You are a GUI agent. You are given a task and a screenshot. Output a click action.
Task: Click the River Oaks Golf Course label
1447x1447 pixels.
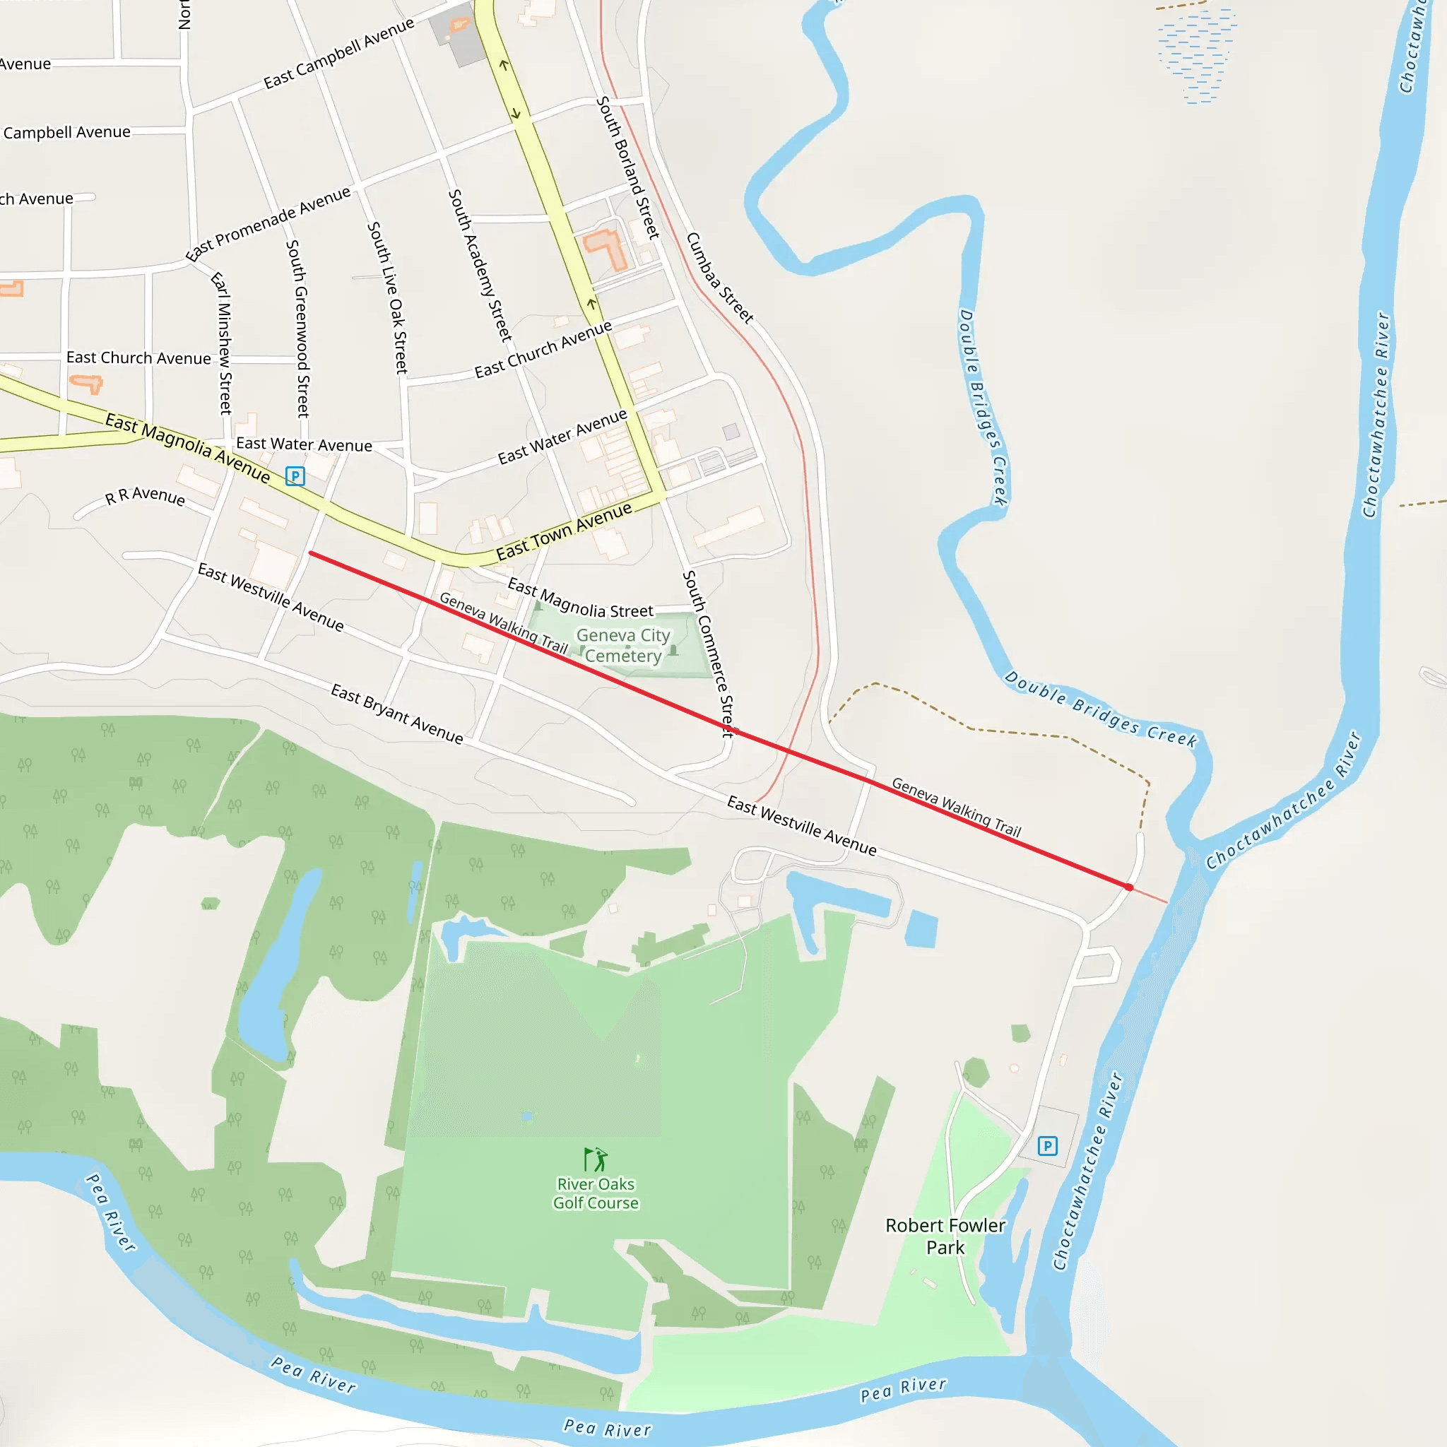pyautogui.click(x=596, y=1193)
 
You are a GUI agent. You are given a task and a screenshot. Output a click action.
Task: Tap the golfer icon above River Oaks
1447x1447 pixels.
pyautogui.click(x=596, y=1159)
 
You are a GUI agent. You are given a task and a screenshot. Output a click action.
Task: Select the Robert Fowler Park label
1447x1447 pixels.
pyautogui.click(x=945, y=1236)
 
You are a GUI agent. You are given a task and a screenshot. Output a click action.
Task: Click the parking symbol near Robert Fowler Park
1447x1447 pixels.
pyautogui.click(x=1047, y=1146)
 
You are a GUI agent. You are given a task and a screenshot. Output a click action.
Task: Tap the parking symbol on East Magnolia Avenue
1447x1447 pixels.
pyautogui.click(x=295, y=476)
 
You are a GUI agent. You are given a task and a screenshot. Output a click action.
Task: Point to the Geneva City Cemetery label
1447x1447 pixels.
pyautogui.click(x=623, y=645)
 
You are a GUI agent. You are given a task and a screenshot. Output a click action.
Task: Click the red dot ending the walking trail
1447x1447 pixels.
pyautogui.click(x=1128, y=887)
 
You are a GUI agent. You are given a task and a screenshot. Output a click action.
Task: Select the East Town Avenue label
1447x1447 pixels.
pyautogui.click(x=564, y=532)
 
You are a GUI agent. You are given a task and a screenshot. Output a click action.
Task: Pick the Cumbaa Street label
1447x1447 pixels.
pyautogui.click(x=719, y=278)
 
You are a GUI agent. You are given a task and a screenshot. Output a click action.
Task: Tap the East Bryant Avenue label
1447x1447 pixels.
pyautogui.click(x=397, y=713)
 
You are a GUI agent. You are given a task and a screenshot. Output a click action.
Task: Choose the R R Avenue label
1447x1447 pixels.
pyautogui.click(x=145, y=496)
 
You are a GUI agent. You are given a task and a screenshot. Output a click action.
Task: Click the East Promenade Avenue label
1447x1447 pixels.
pyautogui.click(x=268, y=223)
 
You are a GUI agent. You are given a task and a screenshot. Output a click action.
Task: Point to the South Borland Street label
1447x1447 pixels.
pyautogui.click(x=627, y=167)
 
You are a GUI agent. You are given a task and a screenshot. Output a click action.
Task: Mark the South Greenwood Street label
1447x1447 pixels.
pyautogui.click(x=297, y=328)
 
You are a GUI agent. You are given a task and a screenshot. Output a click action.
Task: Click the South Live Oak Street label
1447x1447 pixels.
pyautogui.click(x=388, y=297)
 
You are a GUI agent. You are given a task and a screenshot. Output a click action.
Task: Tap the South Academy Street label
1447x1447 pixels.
pyautogui.click(x=480, y=265)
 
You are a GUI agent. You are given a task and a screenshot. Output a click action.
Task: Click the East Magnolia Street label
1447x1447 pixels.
pyautogui.click(x=581, y=598)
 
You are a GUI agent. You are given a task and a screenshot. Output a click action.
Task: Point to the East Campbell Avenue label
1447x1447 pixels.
pyautogui.click(x=338, y=53)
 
